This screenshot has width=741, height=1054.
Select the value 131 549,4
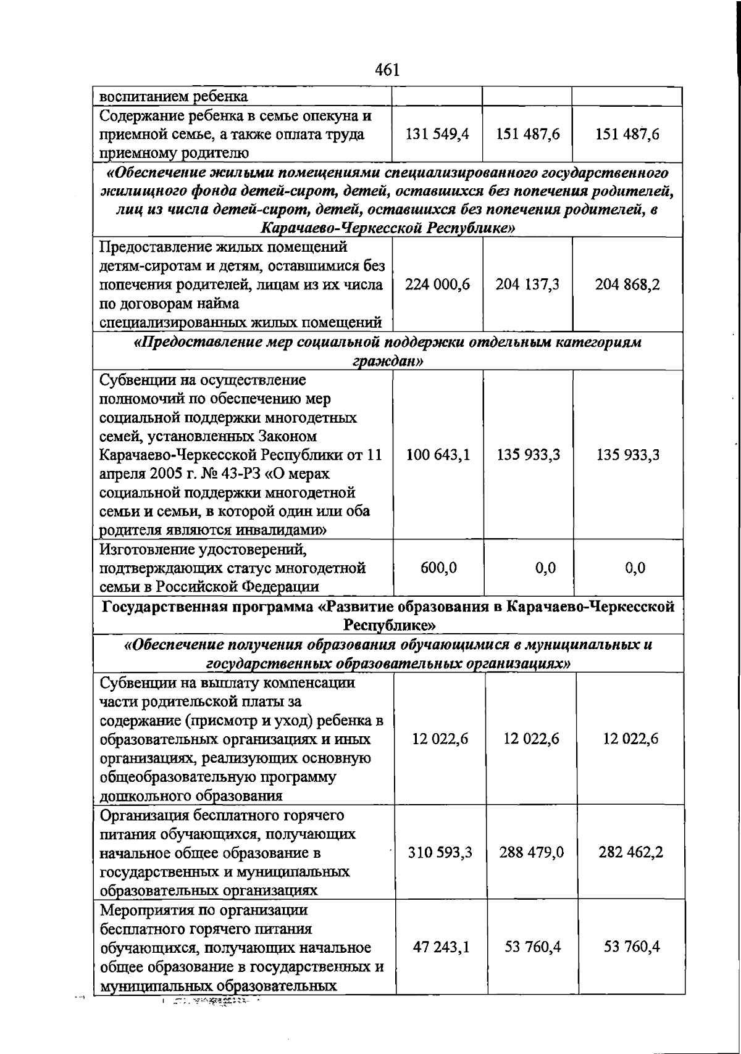pyautogui.click(x=437, y=134)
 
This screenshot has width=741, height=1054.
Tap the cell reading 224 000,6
pyautogui.click(x=437, y=284)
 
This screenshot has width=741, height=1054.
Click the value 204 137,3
pyautogui.click(x=527, y=284)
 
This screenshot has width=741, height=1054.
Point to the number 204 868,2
pyautogui.click(x=627, y=284)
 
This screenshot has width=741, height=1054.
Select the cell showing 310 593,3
pyautogui.click(x=440, y=852)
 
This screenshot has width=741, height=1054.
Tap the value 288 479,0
pyautogui.click(x=531, y=852)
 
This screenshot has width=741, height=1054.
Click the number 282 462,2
pyautogui.click(x=630, y=852)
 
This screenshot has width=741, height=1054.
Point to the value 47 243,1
pyautogui.click(x=441, y=947)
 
